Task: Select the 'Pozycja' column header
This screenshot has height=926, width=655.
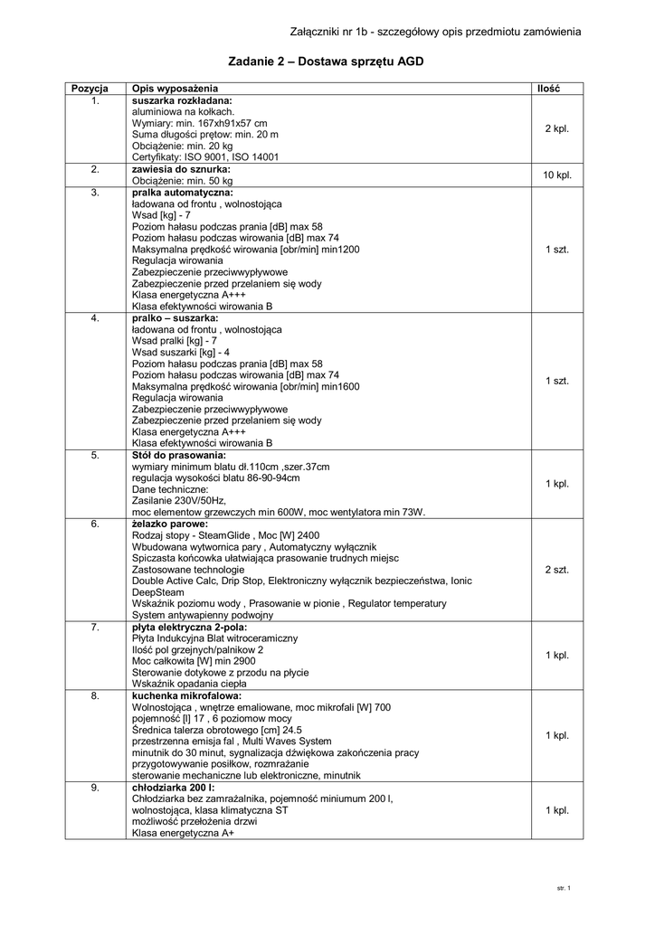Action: (x=90, y=89)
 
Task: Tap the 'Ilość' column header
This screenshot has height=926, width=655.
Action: (x=547, y=89)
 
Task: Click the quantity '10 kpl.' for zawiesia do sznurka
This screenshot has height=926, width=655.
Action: (x=556, y=175)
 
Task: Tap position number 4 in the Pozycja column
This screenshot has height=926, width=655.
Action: (x=95, y=318)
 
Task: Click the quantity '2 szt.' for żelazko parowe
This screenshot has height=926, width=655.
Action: (x=556, y=570)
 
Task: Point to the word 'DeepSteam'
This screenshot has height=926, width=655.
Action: (x=157, y=592)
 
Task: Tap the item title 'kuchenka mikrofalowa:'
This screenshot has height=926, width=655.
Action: (x=186, y=697)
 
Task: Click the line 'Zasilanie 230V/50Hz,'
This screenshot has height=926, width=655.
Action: (x=179, y=500)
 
